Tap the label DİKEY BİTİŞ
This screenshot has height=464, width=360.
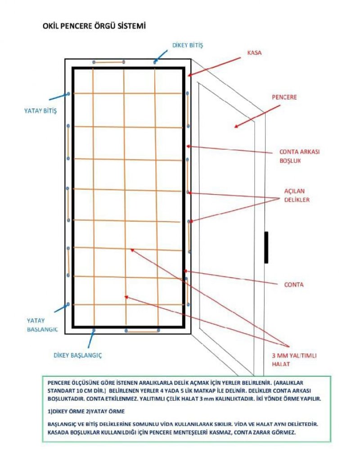point(188,45)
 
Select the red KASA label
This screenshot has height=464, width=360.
point(254,53)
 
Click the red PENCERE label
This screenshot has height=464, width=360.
point(284,97)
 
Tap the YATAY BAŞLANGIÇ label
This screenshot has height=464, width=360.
point(42,325)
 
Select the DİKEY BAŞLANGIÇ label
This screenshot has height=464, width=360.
point(78,355)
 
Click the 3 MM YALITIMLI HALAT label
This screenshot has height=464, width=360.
point(294,359)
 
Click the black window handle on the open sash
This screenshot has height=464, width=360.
point(266,247)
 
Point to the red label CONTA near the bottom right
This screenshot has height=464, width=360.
point(294,285)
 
